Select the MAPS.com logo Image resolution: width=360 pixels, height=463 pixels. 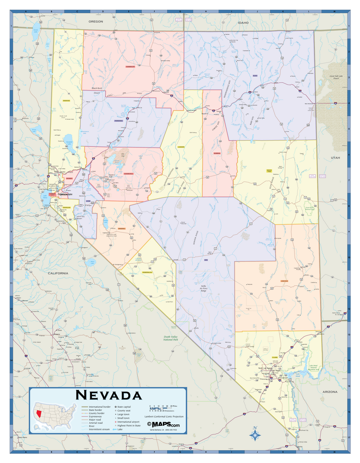point(163,424)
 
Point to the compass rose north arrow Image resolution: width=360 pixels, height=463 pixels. point(255,434)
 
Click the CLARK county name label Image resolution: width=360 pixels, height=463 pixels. point(275,358)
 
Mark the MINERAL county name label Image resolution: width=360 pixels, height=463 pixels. point(122,228)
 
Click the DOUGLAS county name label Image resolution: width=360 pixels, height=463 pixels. point(61,207)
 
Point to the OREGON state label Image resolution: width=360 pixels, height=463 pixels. point(96,22)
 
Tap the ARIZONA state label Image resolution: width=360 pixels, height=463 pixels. point(330,392)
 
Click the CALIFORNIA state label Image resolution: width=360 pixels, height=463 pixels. point(58,273)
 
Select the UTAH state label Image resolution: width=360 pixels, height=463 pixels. point(335,158)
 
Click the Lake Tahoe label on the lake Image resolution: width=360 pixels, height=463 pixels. point(45,196)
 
